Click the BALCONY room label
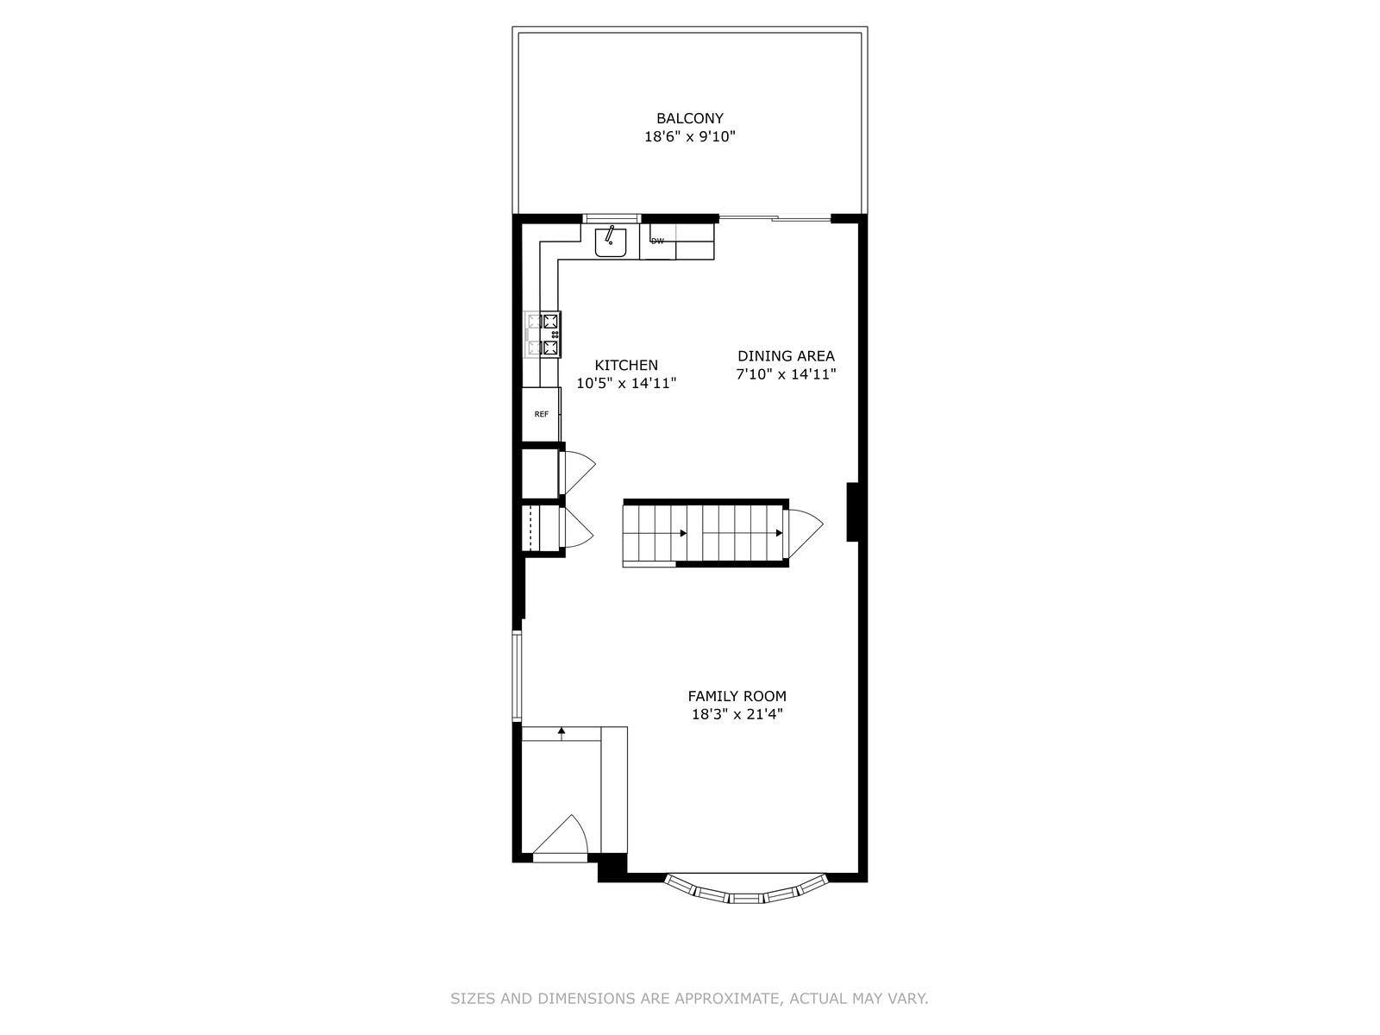(689, 118)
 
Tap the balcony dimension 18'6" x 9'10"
(689, 136)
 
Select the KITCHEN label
(626, 366)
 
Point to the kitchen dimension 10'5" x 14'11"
(626, 384)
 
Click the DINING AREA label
(786, 356)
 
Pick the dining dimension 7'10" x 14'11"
(786, 374)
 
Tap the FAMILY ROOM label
(737, 696)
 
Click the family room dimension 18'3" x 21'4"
(737, 714)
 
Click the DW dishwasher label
(657, 241)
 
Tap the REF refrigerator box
(542, 415)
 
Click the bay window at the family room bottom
(747, 891)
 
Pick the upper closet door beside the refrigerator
(576, 471)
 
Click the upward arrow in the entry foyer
(561, 732)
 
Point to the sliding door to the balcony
(775, 218)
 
